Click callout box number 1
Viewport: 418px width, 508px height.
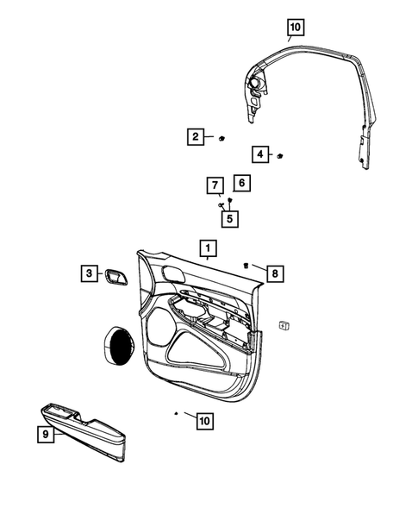[x=207, y=250]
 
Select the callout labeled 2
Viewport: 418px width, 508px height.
[x=197, y=136]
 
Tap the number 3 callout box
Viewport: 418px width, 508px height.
[x=89, y=273]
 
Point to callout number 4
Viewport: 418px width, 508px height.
[x=259, y=154]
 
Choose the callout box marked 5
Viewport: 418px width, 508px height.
[x=229, y=218]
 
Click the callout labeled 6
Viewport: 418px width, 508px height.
[x=242, y=183]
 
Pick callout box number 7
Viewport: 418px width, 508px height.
[x=215, y=185]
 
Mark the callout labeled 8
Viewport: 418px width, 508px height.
[x=275, y=273]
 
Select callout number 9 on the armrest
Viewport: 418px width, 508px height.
[x=45, y=436]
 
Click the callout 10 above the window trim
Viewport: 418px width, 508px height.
[x=295, y=28]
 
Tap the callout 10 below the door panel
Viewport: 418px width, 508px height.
[x=203, y=421]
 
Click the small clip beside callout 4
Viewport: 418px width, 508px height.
[x=280, y=154]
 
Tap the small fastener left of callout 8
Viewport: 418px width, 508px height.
[x=246, y=266]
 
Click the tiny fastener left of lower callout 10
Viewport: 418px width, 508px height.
[x=176, y=414]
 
